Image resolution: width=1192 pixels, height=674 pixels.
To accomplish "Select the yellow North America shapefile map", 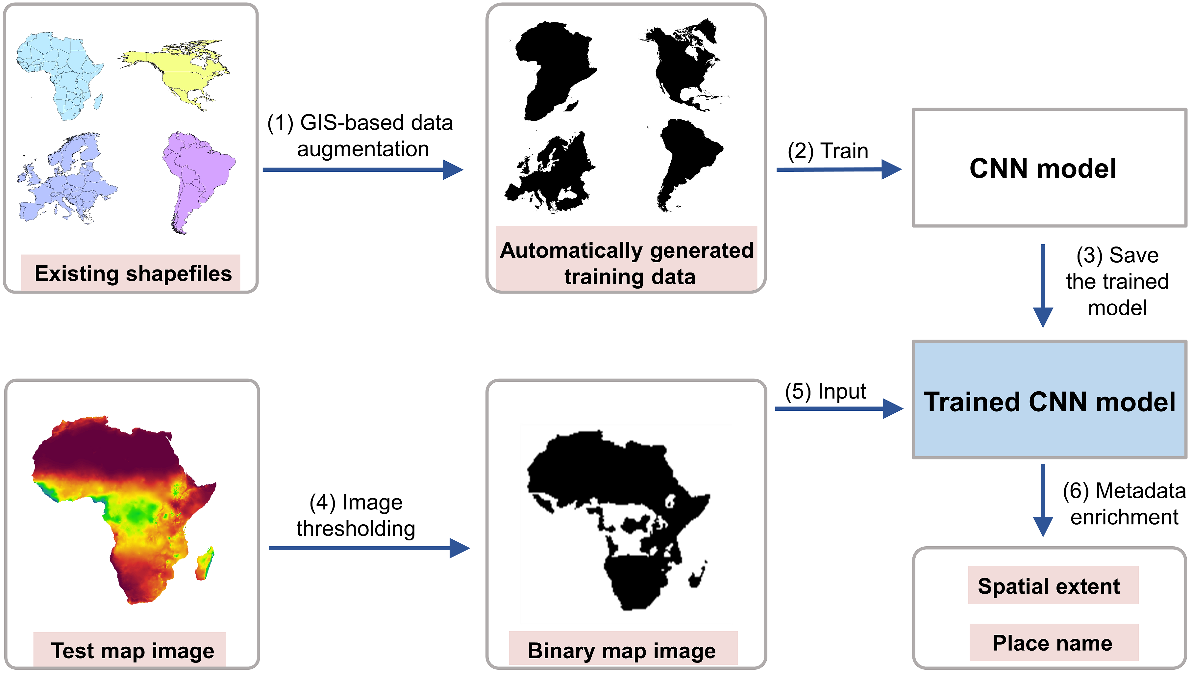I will (x=181, y=69).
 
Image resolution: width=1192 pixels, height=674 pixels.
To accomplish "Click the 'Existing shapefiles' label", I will (x=133, y=273).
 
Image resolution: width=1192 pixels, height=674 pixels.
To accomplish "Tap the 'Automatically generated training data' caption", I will (x=627, y=263).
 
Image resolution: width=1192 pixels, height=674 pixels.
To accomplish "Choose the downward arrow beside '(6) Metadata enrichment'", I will (x=1043, y=500).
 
